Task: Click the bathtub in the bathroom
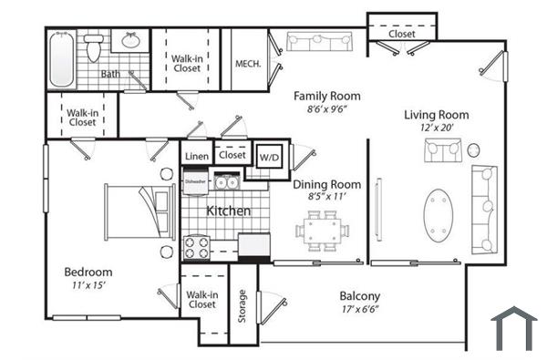61,58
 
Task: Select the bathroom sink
129,41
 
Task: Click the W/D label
270,157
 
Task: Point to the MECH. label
248,64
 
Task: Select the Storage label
243,305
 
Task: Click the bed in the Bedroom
139,211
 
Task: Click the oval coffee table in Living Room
441,215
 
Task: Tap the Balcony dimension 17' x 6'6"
359,310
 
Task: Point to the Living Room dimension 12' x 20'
436,129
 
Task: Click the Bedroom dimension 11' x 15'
88,286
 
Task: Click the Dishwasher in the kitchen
196,181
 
